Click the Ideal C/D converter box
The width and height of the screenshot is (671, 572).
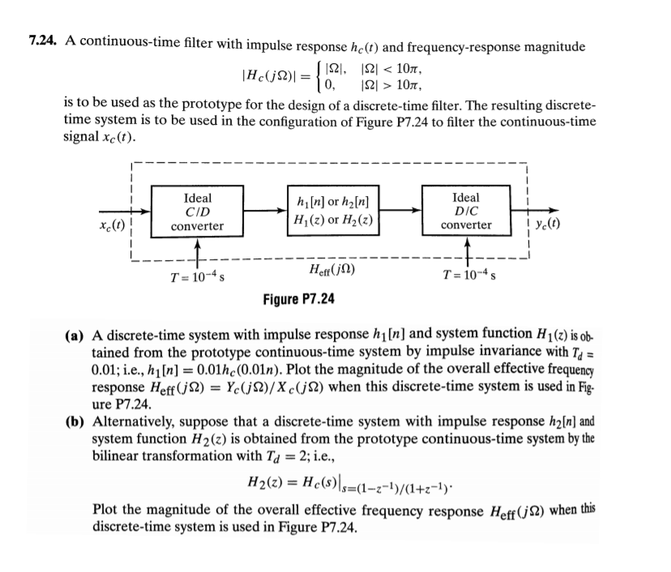[x=198, y=212]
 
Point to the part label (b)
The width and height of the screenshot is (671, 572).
[x=78, y=422]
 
